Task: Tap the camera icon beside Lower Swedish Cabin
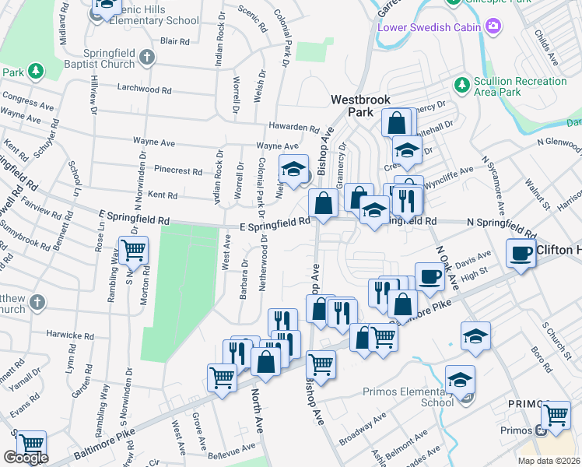tap(493, 27)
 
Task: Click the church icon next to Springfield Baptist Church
tap(148, 57)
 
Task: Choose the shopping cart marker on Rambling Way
tap(133, 250)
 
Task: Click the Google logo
tap(26, 458)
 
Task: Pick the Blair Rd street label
tap(174, 41)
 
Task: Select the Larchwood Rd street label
tap(143, 90)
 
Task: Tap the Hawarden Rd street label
tap(294, 128)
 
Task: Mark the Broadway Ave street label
tap(368, 425)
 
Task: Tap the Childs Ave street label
tap(547, 48)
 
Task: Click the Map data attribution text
tap(548, 460)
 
